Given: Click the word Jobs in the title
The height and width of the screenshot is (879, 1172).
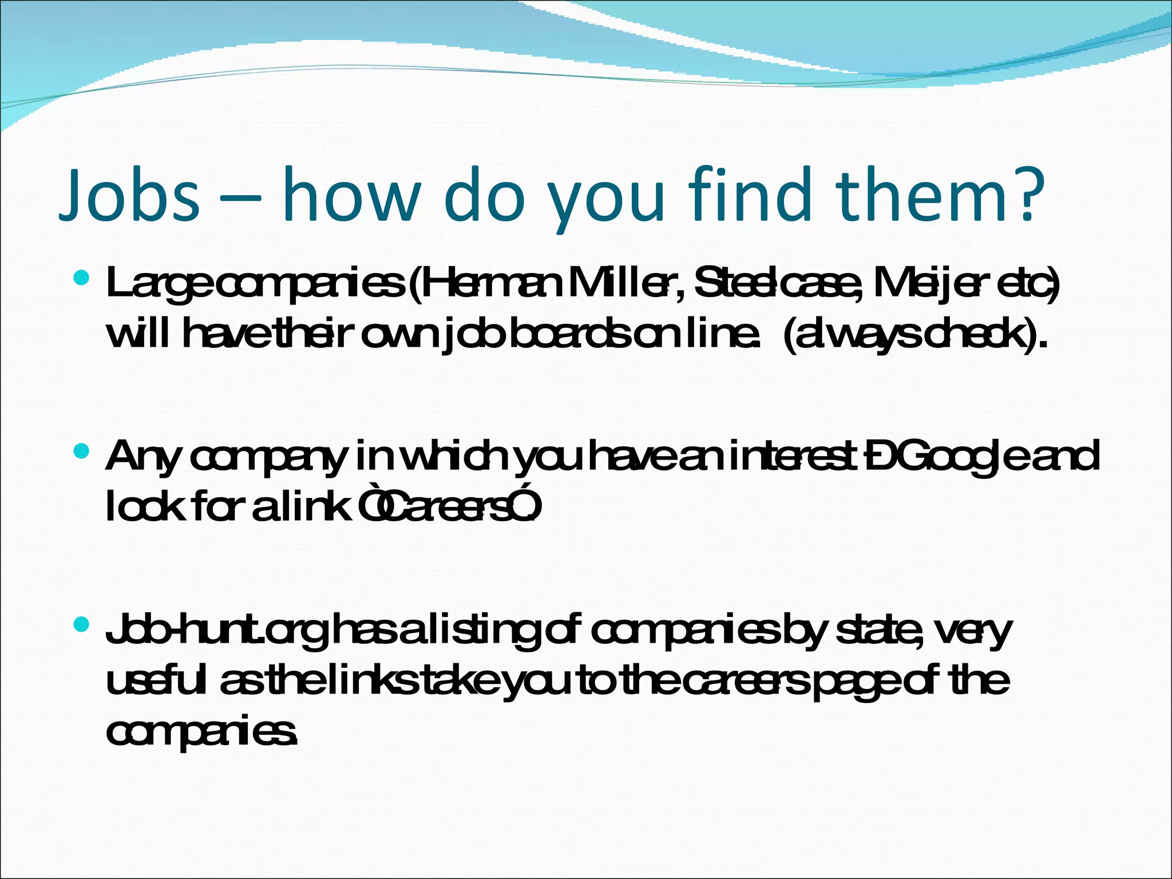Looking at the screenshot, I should (x=129, y=195).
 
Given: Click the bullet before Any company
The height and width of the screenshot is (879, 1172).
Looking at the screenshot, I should (x=82, y=452).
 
